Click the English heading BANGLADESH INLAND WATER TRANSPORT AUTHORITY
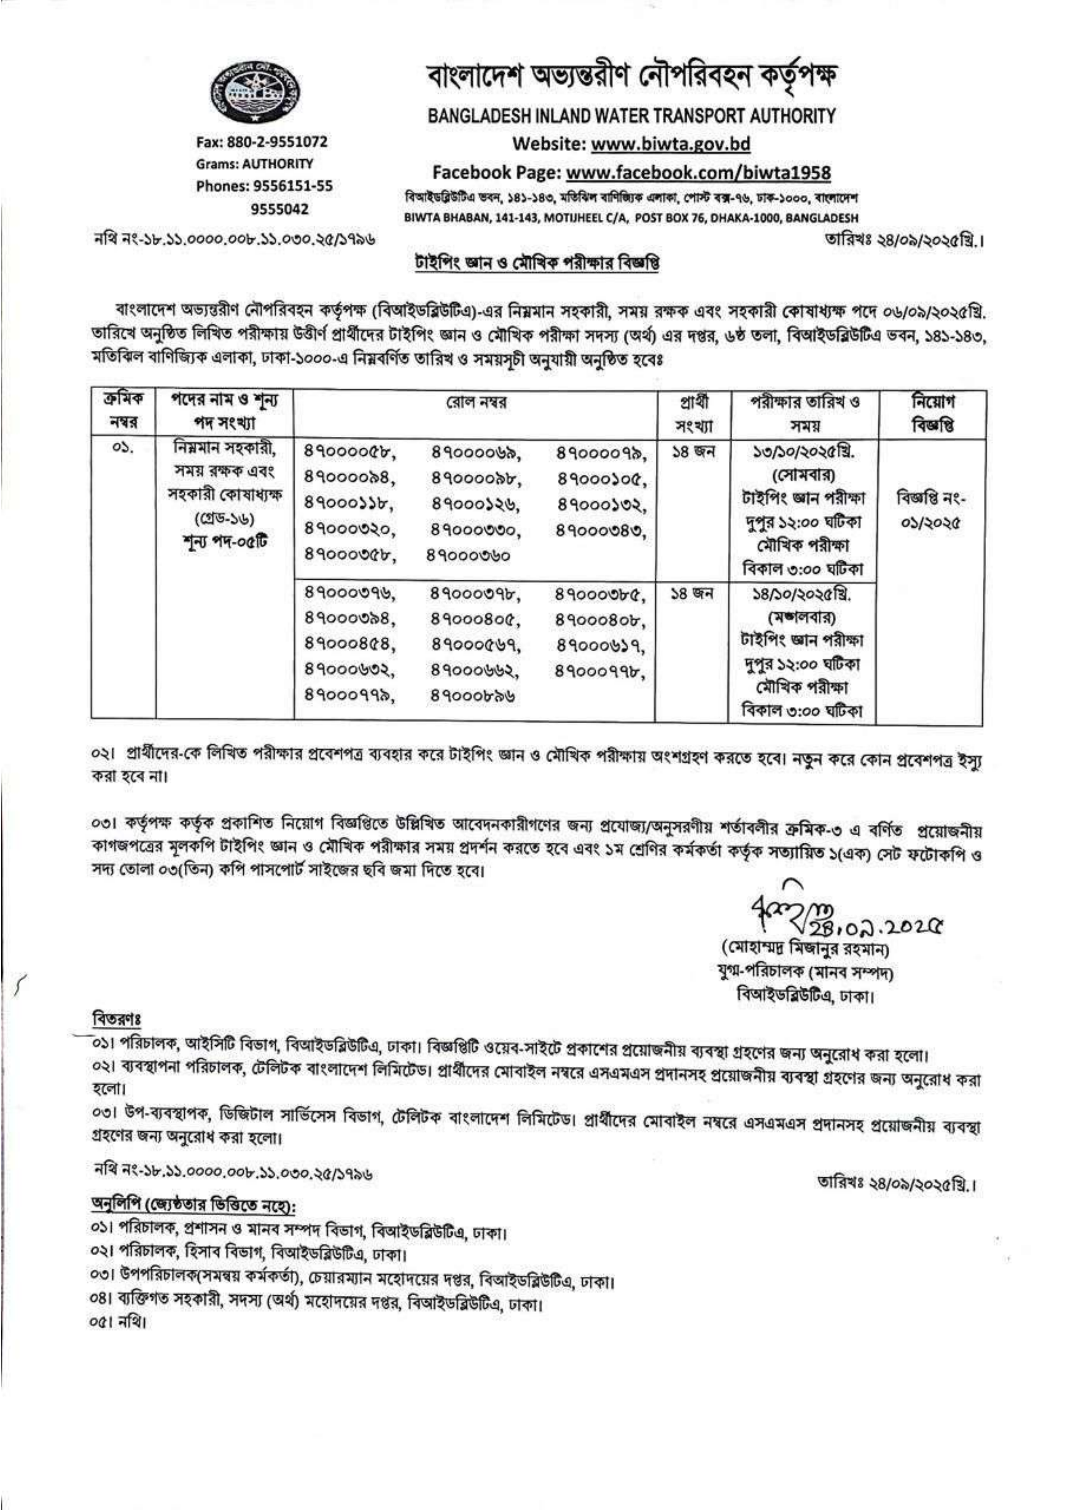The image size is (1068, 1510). tap(631, 117)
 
